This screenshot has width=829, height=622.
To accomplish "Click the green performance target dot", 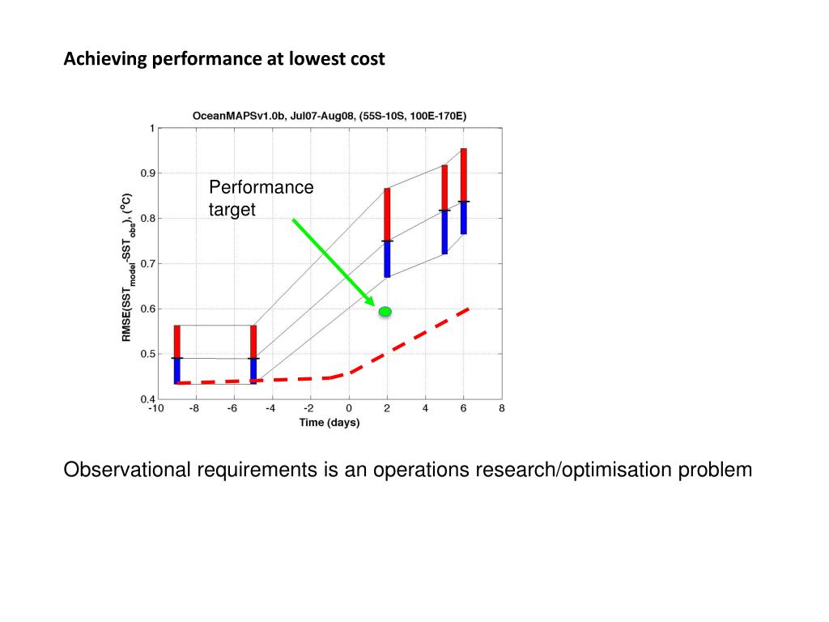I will pos(385,311).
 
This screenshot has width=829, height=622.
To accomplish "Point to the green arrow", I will pos(333,261).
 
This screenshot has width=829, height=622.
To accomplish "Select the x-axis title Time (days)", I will pos(329,423).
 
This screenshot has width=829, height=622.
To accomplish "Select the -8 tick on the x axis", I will pos(194,409).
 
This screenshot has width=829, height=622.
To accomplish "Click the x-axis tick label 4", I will pos(425,409).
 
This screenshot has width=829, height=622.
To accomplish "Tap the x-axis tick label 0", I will pos(349,409).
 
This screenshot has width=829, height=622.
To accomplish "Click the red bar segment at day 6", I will pos(464,174).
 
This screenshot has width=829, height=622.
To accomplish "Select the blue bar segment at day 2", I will pos(387,259).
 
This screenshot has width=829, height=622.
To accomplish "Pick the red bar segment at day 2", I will pos(387,215).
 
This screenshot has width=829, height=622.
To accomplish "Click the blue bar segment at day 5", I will pos(444,232).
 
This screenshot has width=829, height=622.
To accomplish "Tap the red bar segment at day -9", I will pos(176,341).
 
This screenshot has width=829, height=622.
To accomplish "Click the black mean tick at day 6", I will pos(464,201).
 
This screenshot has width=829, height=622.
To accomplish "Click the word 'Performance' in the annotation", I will pos(261,188).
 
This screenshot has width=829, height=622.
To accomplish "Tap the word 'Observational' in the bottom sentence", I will pos(127,470).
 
